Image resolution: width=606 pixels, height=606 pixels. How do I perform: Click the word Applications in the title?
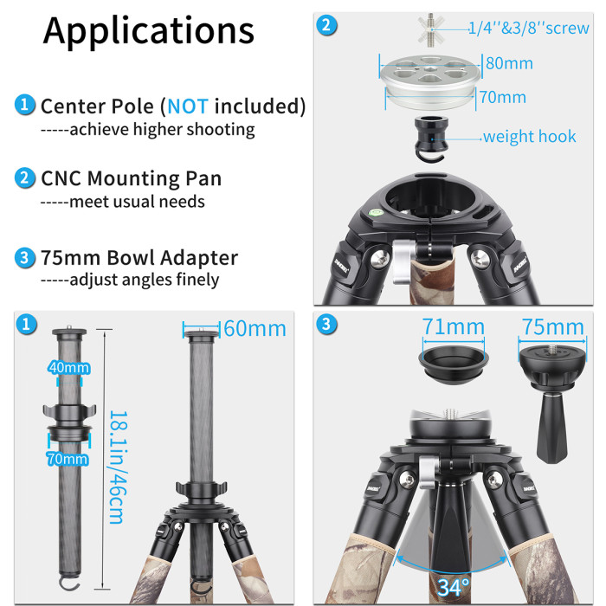coord(149,30)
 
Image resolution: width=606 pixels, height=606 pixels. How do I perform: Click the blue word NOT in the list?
coord(188,106)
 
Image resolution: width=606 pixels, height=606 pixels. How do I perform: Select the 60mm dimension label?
coord(255,329)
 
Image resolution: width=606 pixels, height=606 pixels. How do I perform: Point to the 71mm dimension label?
coord(453,327)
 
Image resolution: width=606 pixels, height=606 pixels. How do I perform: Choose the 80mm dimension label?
coord(508,63)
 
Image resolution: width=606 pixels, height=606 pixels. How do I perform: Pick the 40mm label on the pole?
coord(69,368)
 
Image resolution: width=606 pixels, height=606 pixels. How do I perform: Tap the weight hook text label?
coord(529,137)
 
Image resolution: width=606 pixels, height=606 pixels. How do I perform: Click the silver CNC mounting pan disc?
coord(428,78)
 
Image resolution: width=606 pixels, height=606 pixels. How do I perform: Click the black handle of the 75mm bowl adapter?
coord(551,433)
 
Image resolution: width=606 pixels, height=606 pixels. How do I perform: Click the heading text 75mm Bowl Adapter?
coord(139,258)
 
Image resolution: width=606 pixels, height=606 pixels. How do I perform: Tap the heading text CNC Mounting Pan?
coord(132,178)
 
